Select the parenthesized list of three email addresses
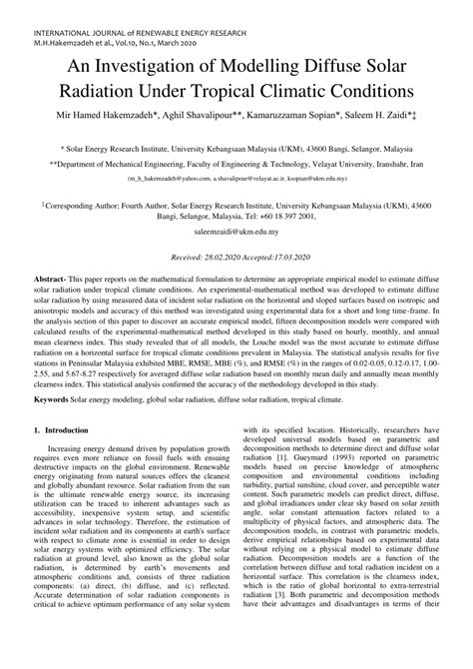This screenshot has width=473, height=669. [236, 179]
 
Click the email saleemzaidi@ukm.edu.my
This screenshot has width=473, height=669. [236, 231]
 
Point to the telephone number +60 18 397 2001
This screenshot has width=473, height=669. [267, 215]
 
